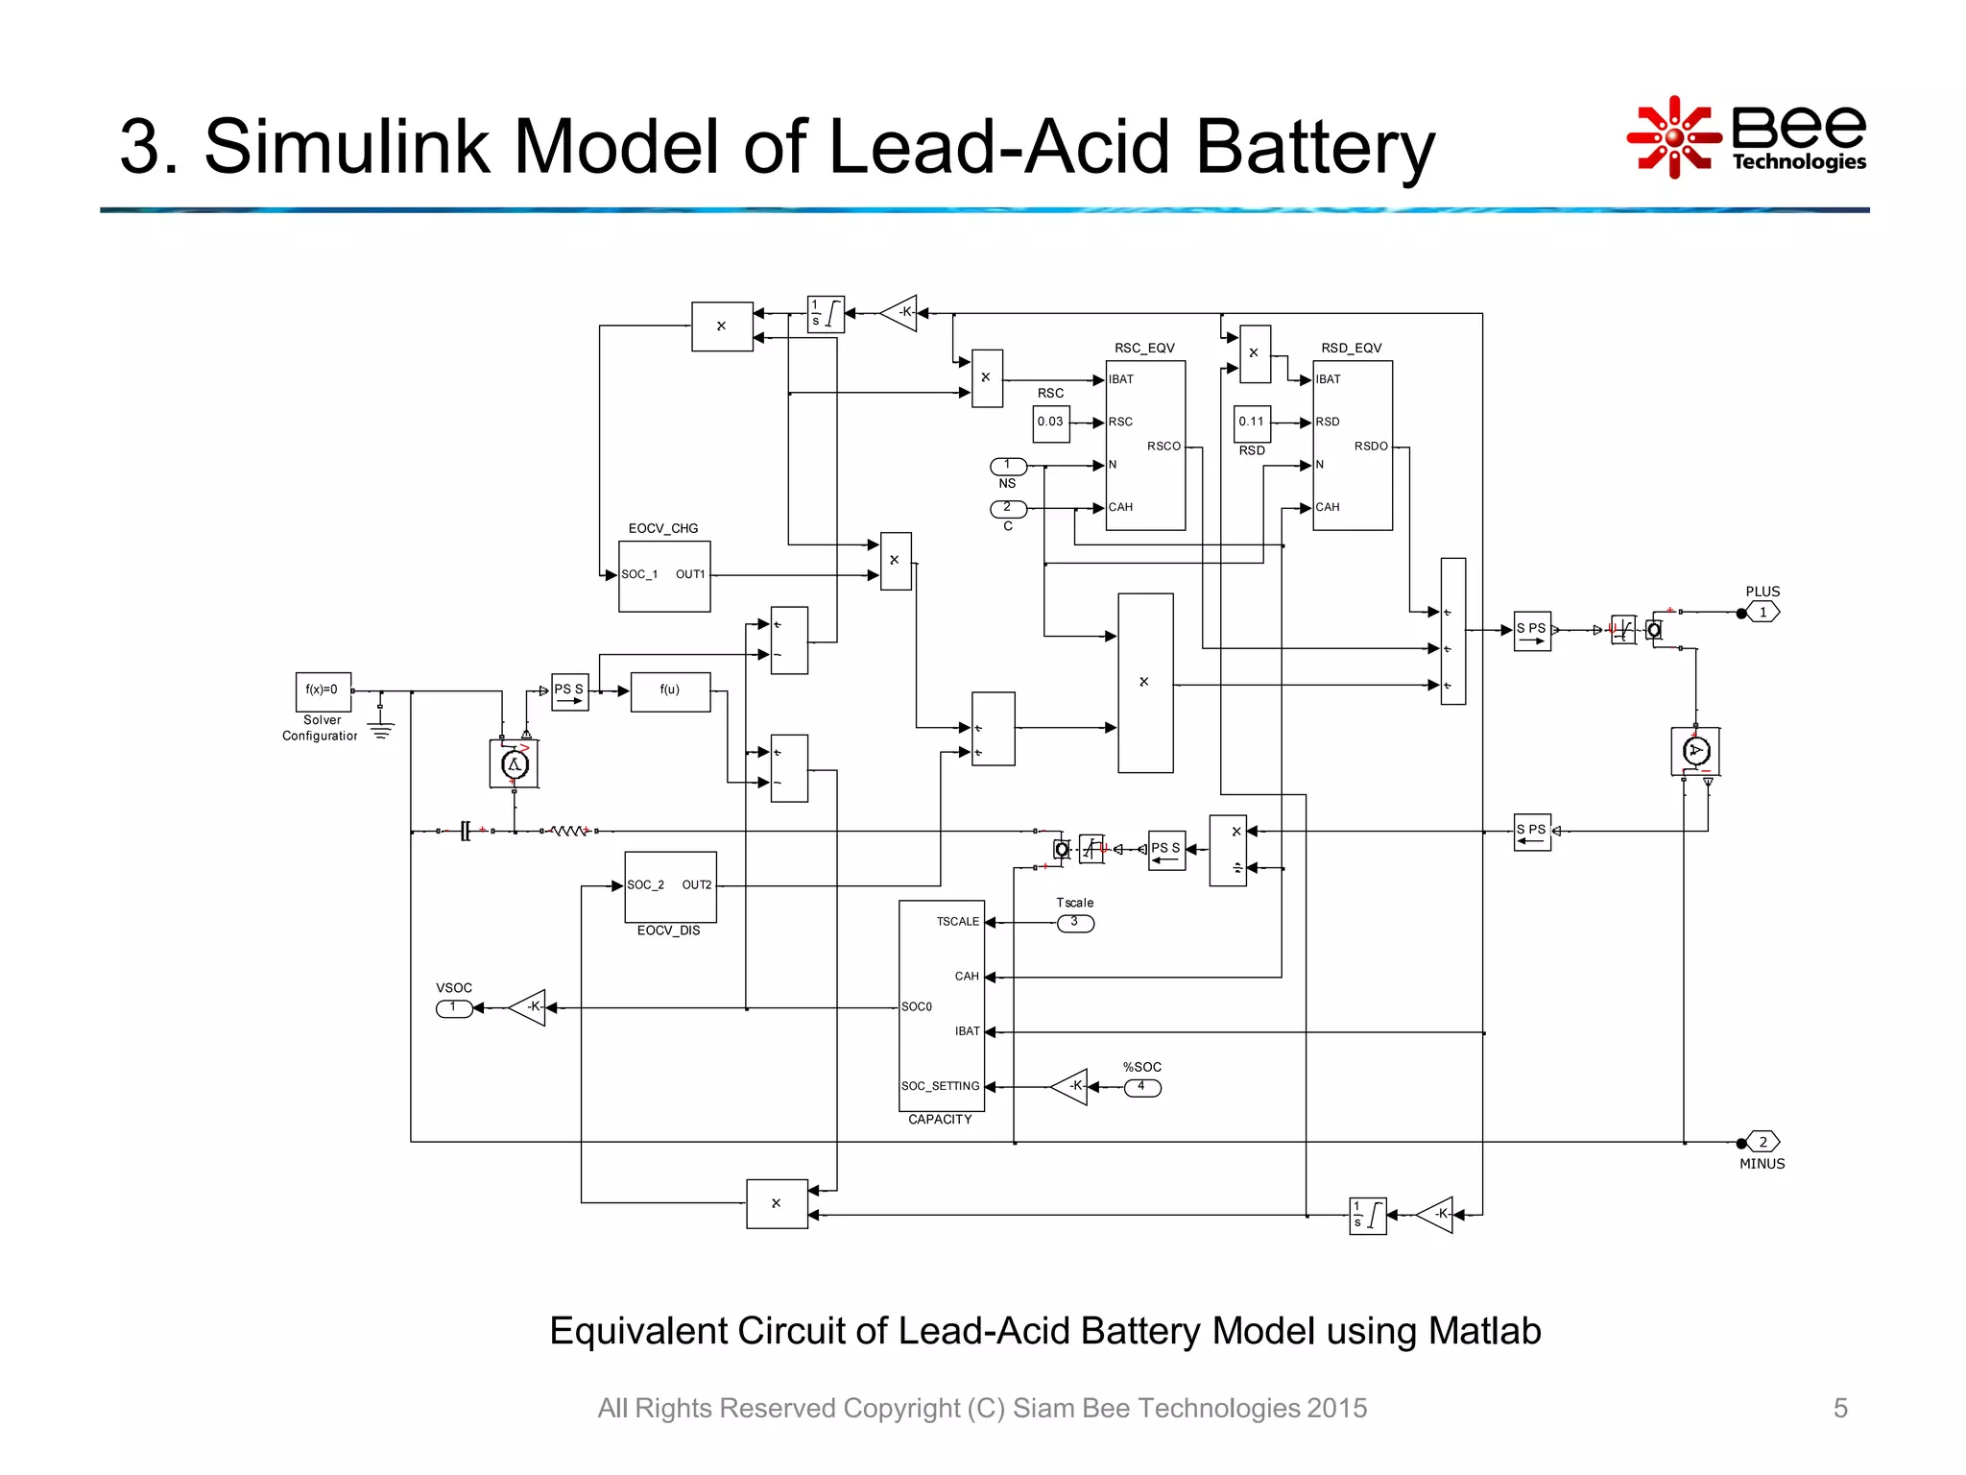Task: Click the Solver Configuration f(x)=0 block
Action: click(x=323, y=691)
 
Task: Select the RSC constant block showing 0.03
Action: click(x=1051, y=423)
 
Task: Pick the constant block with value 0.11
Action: click(x=1252, y=423)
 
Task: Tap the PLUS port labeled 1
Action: click(x=1762, y=613)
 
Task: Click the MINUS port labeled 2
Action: click(x=1762, y=1142)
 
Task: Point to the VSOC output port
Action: click(x=454, y=1008)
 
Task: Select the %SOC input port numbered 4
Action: click(x=1142, y=1088)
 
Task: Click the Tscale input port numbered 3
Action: click(x=1075, y=923)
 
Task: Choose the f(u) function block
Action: click(x=670, y=691)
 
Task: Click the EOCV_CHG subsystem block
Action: click(x=664, y=576)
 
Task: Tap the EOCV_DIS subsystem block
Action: click(x=670, y=886)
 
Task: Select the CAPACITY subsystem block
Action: click(x=942, y=1005)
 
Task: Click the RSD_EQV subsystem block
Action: click(x=1352, y=446)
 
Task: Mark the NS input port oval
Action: click(x=1008, y=467)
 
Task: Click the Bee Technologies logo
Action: click(x=1746, y=137)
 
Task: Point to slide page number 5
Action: click(x=1839, y=1408)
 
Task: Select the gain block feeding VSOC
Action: click(x=529, y=1007)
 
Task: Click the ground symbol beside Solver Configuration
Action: click(x=381, y=730)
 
